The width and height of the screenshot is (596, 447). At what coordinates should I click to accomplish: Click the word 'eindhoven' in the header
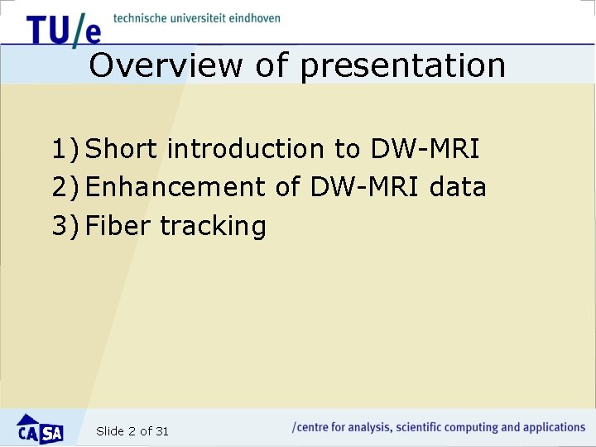250,17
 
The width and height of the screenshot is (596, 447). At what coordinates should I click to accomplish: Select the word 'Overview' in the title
166,65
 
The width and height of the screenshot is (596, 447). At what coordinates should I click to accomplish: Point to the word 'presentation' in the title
402,66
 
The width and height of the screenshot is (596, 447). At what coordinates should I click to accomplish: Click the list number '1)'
65,150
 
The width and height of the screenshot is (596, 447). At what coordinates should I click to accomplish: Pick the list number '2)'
65,188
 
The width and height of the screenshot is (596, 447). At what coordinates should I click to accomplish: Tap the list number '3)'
65,226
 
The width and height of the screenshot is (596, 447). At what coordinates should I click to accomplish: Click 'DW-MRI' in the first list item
425,149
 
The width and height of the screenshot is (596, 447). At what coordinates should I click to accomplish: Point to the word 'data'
458,187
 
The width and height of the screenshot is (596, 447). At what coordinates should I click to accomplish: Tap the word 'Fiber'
118,225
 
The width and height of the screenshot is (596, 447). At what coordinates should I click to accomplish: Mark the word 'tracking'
213,226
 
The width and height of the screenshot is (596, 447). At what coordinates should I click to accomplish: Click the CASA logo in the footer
41,429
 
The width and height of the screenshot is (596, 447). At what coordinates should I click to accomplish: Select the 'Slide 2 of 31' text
132,431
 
